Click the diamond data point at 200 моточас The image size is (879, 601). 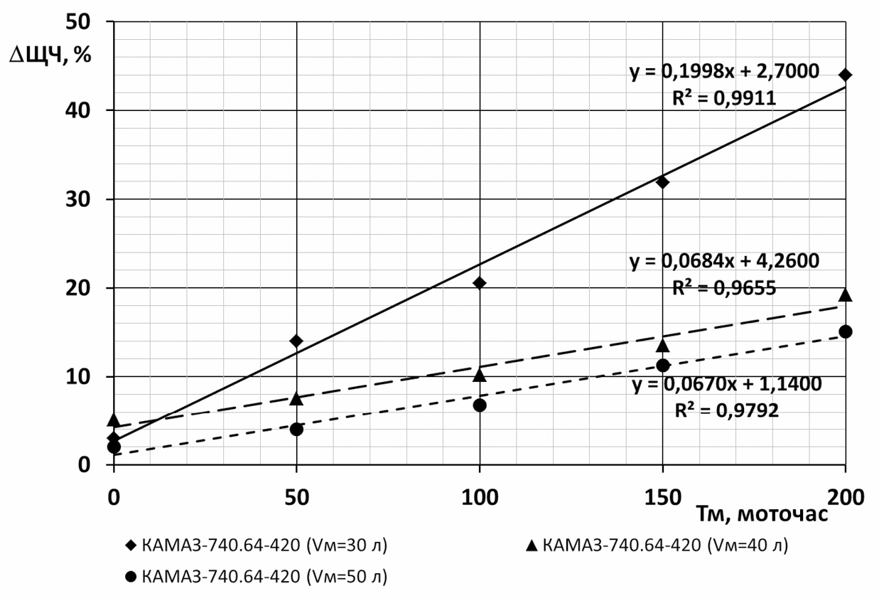coord(845,75)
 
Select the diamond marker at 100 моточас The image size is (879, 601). coord(480,283)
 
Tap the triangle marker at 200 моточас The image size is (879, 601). coord(845,294)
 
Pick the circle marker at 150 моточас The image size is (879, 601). coord(662,365)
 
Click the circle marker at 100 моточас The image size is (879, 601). coord(480,405)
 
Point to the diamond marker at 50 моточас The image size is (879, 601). coord(296,341)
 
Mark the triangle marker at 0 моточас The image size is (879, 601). coord(114,420)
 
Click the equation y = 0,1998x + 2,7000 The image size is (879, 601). coord(725,71)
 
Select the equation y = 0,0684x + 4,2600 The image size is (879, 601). coord(724,261)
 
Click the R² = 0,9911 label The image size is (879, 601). coord(723,98)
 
